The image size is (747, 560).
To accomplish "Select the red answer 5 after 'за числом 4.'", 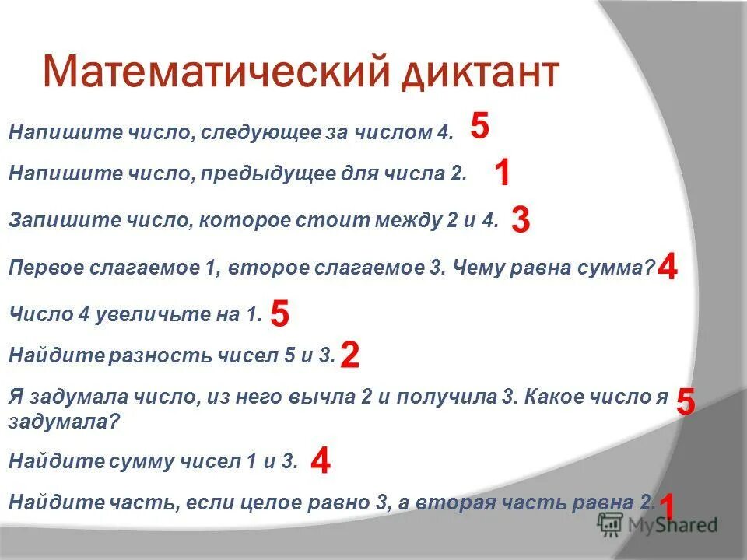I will point(480,125).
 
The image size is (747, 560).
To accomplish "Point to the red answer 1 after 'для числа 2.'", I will point(502,173).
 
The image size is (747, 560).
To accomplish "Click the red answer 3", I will point(521,221).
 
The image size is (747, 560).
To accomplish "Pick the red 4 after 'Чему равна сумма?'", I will point(668,269).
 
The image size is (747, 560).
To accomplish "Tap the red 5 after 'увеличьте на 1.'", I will point(280,315).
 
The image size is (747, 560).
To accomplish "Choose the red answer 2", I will point(349,356).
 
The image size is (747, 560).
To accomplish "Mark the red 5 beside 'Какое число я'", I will point(686,403).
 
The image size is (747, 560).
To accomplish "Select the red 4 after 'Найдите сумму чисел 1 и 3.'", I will point(320,462).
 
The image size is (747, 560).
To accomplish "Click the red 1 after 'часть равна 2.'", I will point(666,506).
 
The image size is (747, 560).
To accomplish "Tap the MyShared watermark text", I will point(674,525).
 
